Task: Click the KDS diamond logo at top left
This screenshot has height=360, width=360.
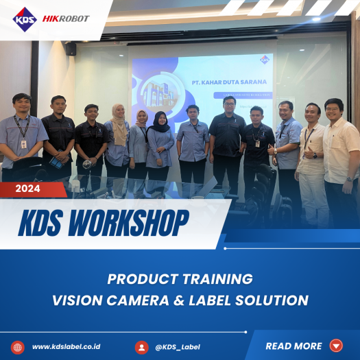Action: (x=24, y=19)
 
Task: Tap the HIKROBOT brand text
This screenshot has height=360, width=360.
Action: (x=66, y=19)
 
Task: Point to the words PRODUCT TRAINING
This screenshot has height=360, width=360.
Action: (x=180, y=279)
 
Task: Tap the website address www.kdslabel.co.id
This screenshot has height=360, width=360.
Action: (x=66, y=346)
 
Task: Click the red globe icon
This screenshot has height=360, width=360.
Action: (x=18, y=346)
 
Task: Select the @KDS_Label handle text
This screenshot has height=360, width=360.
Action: (x=178, y=346)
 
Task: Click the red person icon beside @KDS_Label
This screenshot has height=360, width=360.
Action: (x=142, y=347)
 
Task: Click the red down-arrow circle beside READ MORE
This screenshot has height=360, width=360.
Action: (x=336, y=346)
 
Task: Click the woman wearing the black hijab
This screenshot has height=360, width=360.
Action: (x=160, y=144)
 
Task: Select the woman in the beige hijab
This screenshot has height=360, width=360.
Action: (x=118, y=141)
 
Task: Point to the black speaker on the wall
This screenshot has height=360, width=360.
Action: (x=71, y=49)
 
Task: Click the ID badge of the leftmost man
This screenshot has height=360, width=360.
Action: (x=23, y=144)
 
